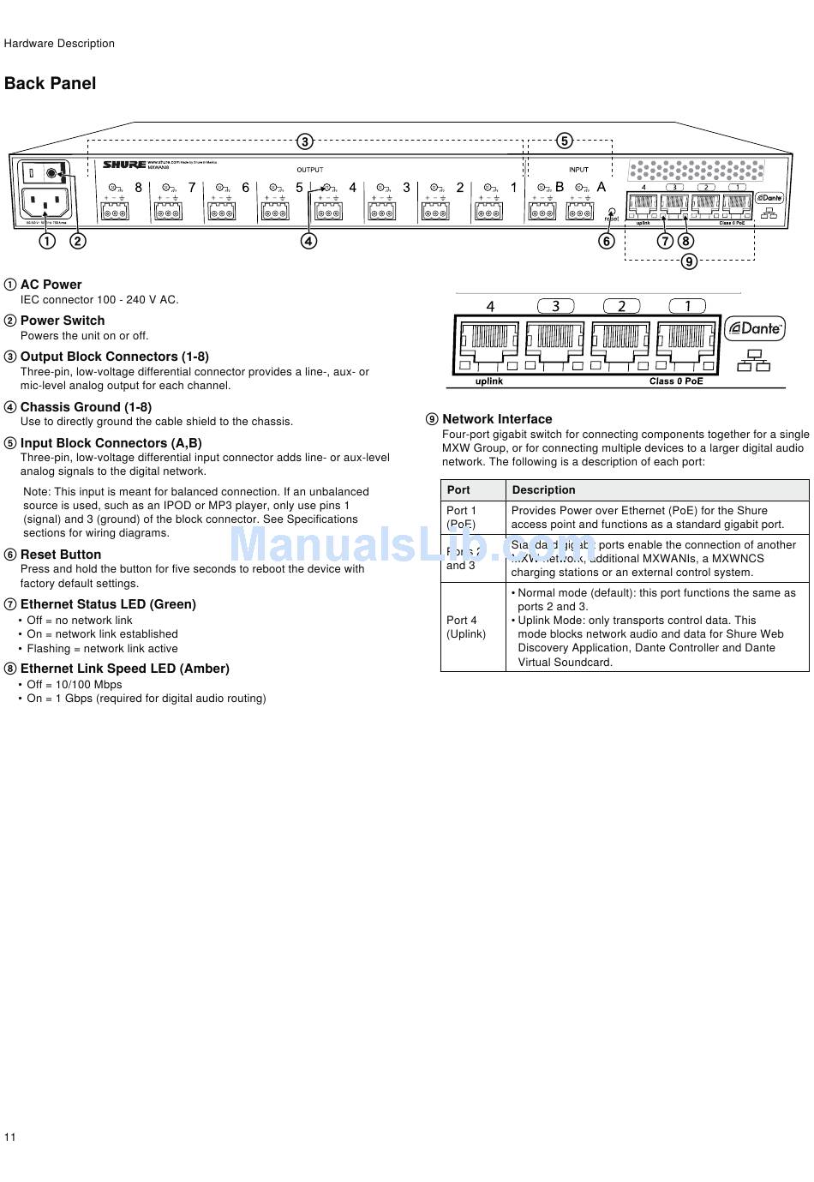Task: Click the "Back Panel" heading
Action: point(50,83)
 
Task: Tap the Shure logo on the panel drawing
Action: point(124,164)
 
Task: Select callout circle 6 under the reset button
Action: point(607,241)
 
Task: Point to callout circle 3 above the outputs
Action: point(305,141)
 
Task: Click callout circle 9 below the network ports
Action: point(689,261)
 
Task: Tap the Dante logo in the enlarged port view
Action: point(755,328)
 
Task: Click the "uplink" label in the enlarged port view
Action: point(489,381)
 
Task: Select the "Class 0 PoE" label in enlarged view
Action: point(676,381)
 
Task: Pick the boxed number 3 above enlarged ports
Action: point(556,306)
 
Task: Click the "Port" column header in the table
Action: point(458,490)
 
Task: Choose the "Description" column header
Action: point(543,490)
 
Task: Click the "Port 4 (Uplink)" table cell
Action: point(466,627)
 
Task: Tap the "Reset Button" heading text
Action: point(61,555)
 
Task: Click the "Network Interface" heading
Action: point(497,419)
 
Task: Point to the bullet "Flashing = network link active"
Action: point(102,649)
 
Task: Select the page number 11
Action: point(10,1137)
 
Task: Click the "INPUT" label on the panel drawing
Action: point(579,170)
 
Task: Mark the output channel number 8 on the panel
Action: point(139,188)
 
